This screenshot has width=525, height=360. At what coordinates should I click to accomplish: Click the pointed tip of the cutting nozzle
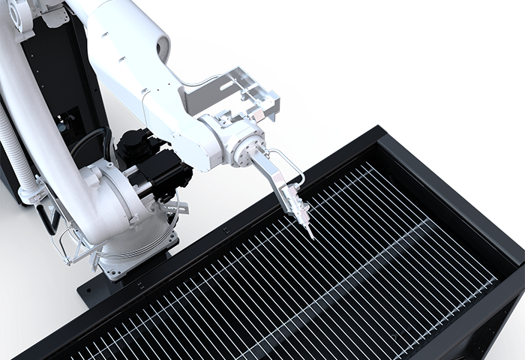click(312, 238)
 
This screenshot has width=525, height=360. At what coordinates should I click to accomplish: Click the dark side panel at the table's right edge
click(502, 322)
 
